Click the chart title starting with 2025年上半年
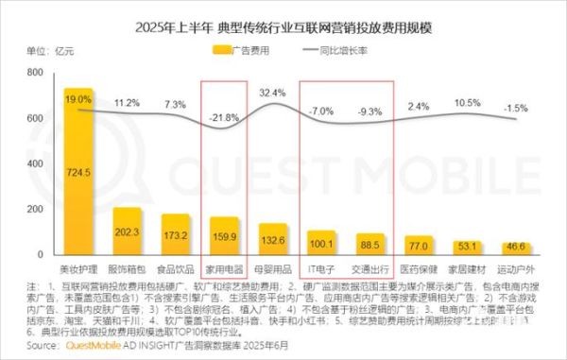pyautogui.click(x=283, y=26)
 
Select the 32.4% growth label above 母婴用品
pyautogui.click(x=272, y=93)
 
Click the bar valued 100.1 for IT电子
pyautogui.click(x=322, y=244)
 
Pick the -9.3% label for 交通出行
pyautogui.click(x=370, y=111)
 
